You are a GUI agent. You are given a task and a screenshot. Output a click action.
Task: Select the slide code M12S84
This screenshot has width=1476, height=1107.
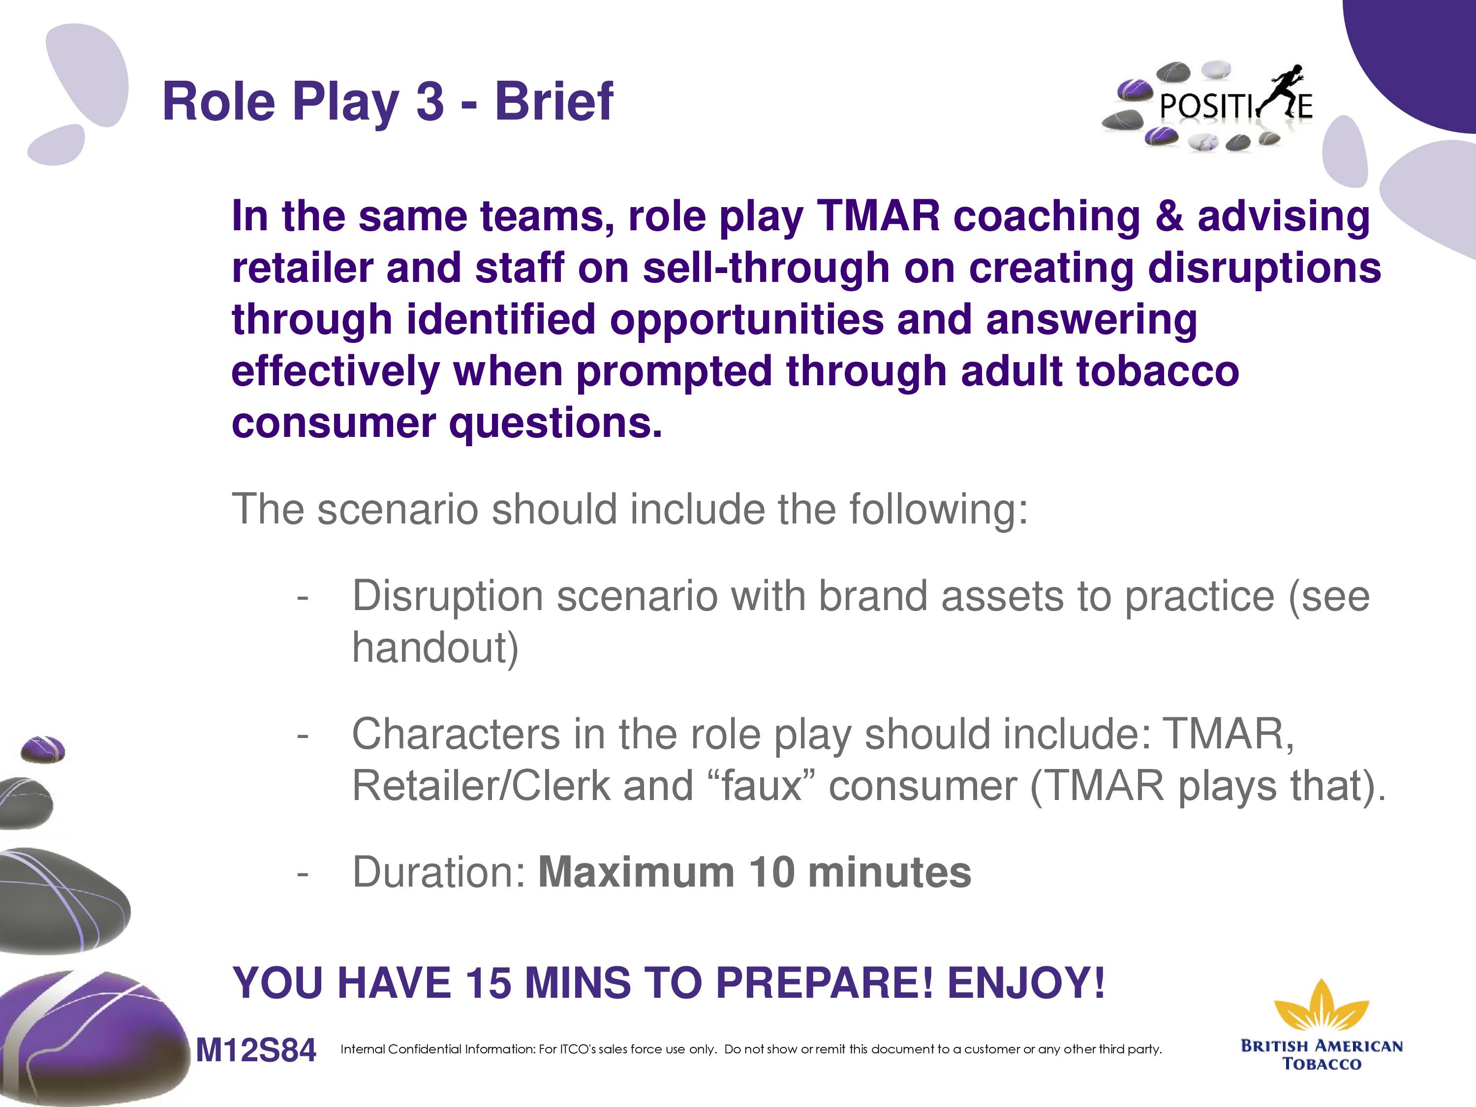[x=255, y=1050]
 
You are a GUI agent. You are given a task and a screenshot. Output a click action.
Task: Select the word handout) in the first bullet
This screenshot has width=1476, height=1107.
[x=435, y=647]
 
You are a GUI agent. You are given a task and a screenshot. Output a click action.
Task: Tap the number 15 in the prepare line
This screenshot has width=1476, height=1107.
[x=489, y=983]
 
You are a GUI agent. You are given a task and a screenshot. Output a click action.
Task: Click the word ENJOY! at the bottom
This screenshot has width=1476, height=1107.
[x=1026, y=983]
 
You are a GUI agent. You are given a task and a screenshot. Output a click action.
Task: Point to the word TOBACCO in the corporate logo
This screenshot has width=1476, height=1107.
[x=1322, y=1064]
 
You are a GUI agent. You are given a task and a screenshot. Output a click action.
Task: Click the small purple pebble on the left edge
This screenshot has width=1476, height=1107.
[x=43, y=749]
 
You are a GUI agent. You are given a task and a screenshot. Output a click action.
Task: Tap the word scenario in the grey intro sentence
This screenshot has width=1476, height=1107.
[x=398, y=509]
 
